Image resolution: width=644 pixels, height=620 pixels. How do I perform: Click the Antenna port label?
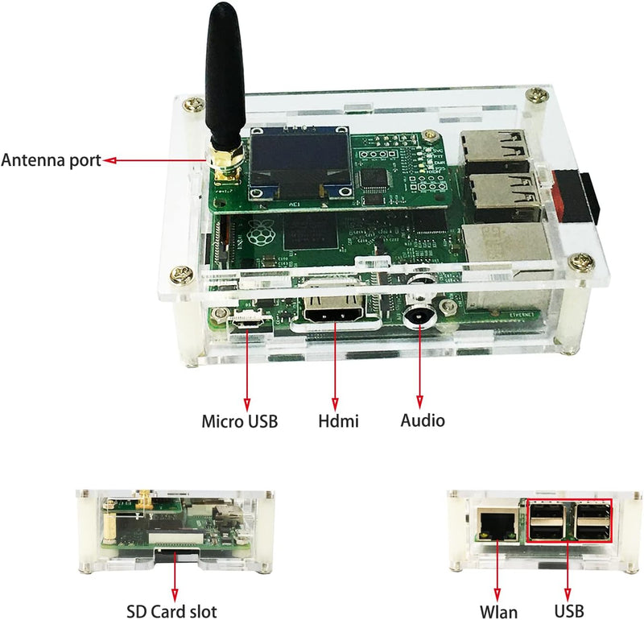[x=51, y=160]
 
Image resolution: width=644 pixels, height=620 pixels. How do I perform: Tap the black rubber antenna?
[x=225, y=74]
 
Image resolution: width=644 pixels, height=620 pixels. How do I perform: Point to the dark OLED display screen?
[x=299, y=163]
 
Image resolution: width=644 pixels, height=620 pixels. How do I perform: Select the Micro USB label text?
[x=239, y=422]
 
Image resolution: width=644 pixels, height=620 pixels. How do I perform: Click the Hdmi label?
[x=338, y=421]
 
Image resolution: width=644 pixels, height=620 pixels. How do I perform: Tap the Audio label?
[x=423, y=421]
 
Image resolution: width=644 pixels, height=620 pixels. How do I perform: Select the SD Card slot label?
[x=171, y=611]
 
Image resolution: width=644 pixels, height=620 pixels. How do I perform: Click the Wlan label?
[x=498, y=611]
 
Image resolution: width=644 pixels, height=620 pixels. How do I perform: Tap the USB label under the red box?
[x=569, y=611]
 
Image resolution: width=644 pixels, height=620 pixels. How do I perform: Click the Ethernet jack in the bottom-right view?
[x=497, y=524]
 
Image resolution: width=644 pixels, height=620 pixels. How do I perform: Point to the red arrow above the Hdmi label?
[x=335, y=366]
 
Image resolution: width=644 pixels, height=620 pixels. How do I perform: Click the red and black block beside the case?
[x=576, y=198]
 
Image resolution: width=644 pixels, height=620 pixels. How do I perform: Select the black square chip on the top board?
[x=374, y=181]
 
